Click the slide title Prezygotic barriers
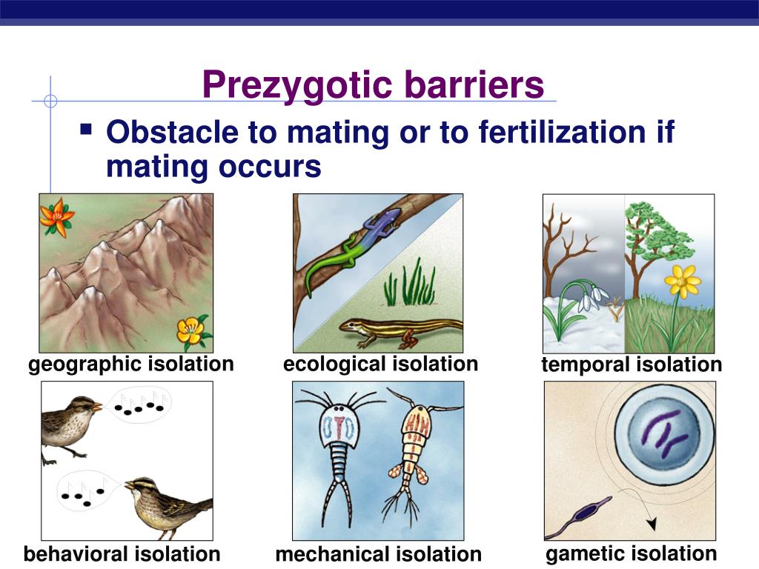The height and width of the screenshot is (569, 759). pos(373,84)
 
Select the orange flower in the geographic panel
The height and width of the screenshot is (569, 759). pos(56,216)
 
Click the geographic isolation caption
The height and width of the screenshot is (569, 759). pos(131,365)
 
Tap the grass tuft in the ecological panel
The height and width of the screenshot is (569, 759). pos(410,284)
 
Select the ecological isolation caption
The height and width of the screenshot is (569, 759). pos(380,365)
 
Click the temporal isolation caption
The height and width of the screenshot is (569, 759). pos(631,365)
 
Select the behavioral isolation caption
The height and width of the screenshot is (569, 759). pos(122,554)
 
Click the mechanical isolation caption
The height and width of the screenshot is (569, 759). pos(378,555)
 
